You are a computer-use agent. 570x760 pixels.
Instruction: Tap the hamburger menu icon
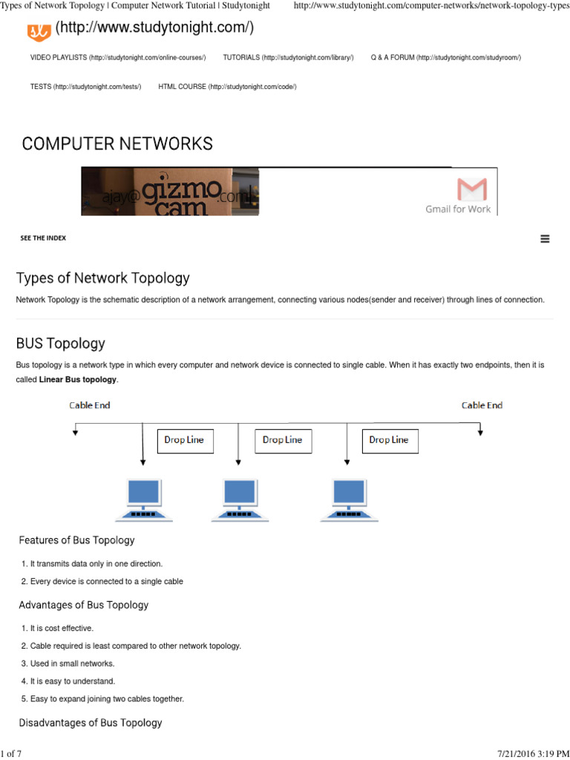pyautogui.click(x=545, y=239)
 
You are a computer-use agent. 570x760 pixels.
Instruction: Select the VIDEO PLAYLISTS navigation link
pyautogui.click(x=118, y=57)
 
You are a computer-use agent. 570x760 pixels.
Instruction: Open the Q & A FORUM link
pyautogui.click(x=445, y=57)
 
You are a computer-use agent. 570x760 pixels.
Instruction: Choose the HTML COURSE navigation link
pyautogui.click(x=227, y=87)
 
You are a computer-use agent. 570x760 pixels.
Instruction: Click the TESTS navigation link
pyautogui.click(x=85, y=87)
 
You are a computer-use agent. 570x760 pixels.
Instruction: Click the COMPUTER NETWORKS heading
pyautogui.click(x=117, y=143)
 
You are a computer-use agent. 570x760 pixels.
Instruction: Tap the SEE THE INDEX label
pyautogui.click(x=43, y=238)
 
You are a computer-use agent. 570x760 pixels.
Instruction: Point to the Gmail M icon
pyautogui.click(x=472, y=189)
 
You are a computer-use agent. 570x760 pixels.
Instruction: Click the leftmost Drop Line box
pyautogui.click(x=184, y=440)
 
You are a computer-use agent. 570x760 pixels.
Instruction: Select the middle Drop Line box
pyautogui.click(x=283, y=440)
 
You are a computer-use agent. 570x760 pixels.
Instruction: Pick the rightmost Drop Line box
pyautogui.click(x=389, y=440)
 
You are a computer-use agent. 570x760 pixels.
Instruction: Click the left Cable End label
pyautogui.click(x=90, y=405)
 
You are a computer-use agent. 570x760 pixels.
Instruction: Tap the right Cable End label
pyautogui.click(x=482, y=405)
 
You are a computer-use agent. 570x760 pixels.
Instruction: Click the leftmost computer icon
pyautogui.click(x=144, y=499)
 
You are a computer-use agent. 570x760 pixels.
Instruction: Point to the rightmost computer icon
pyautogui.click(x=349, y=499)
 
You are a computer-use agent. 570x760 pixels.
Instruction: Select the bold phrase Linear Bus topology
pyautogui.click(x=78, y=380)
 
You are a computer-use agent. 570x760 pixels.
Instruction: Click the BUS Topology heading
pyautogui.click(x=61, y=344)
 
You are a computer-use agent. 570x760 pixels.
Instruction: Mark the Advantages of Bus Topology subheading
pyautogui.click(x=84, y=605)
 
